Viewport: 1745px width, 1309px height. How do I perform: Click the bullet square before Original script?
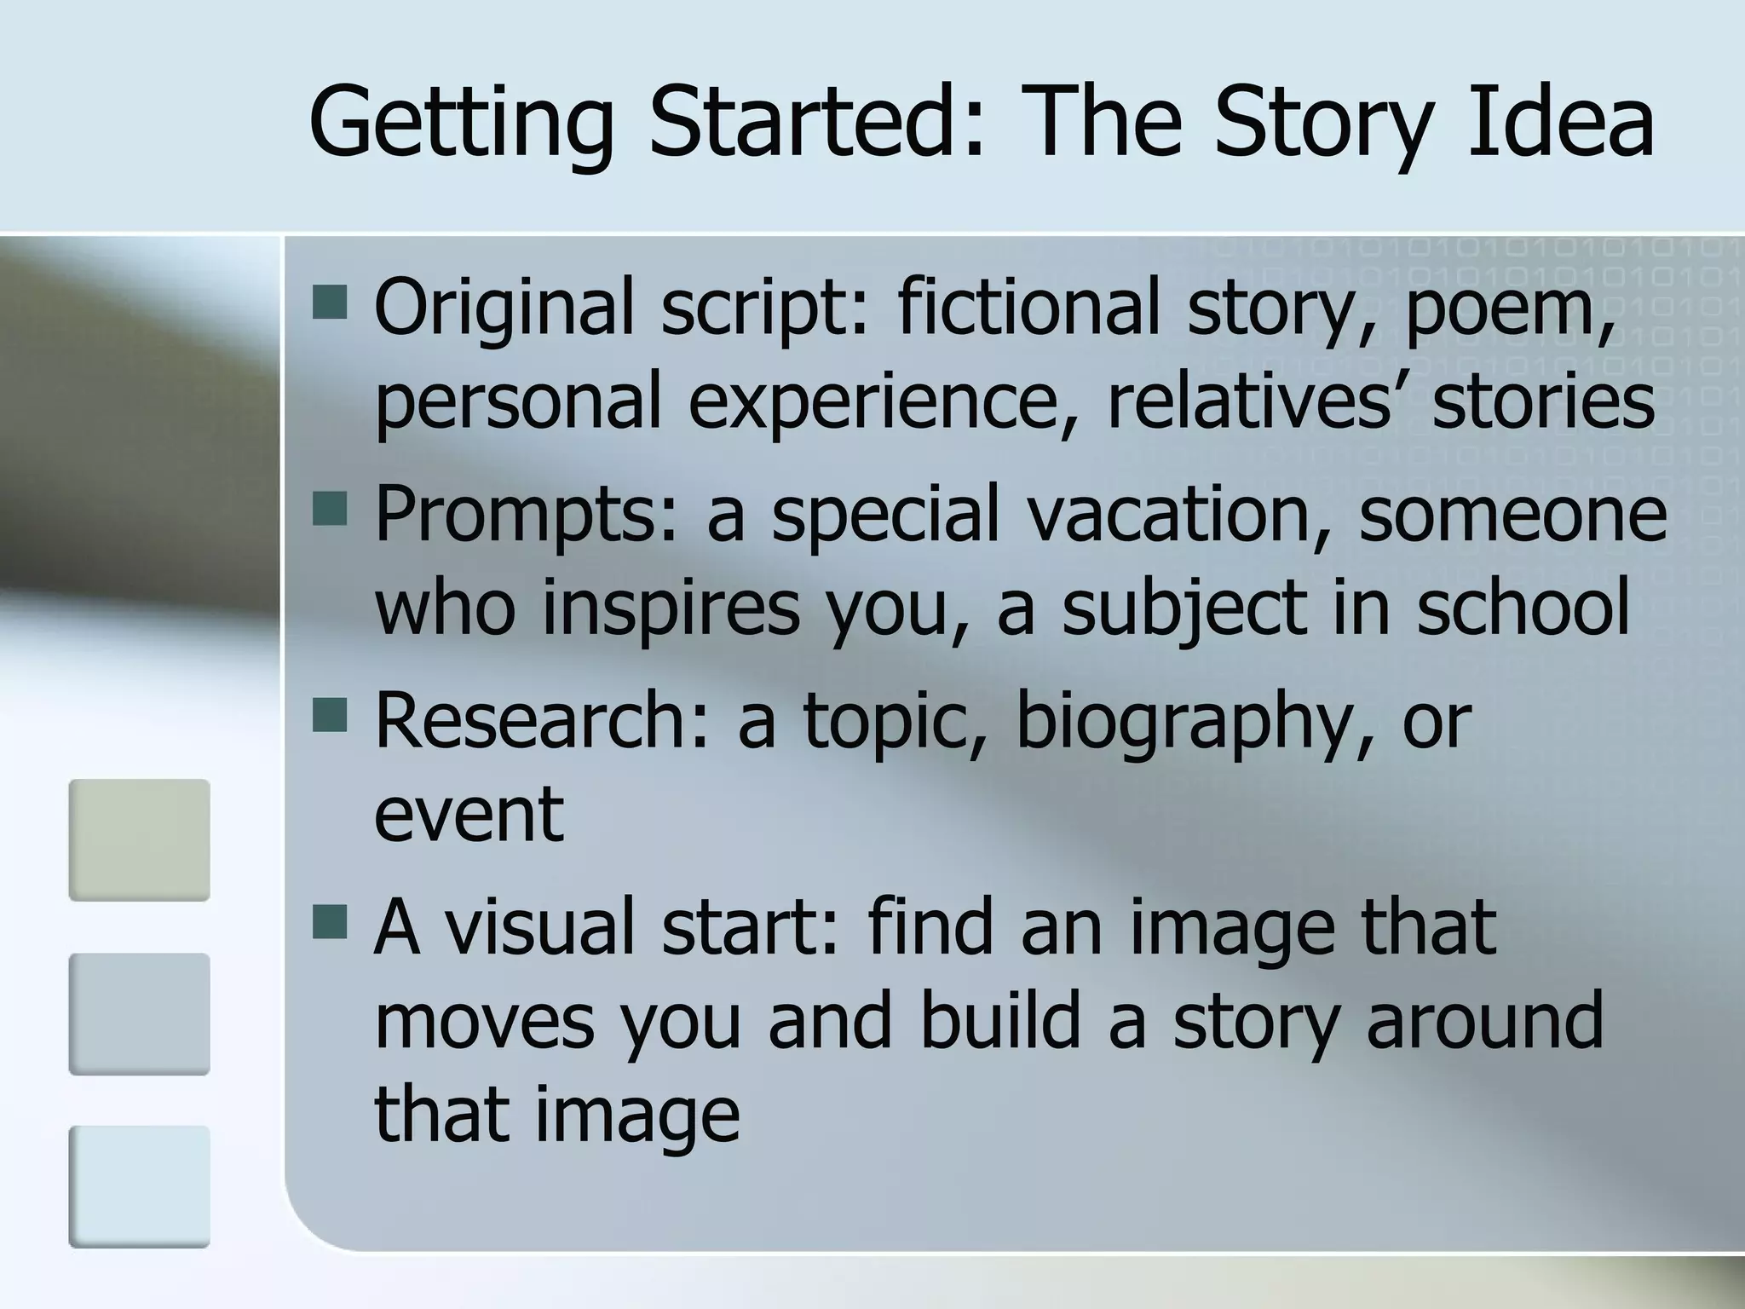point(330,302)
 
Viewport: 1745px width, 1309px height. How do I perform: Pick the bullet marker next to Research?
point(330,716)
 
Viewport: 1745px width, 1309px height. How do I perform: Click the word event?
point(469,814)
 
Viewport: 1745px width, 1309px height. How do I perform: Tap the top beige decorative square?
point(139,839)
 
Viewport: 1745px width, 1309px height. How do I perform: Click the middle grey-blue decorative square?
point(139,1013)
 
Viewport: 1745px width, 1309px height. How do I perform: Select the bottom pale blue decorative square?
point(139,1186)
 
